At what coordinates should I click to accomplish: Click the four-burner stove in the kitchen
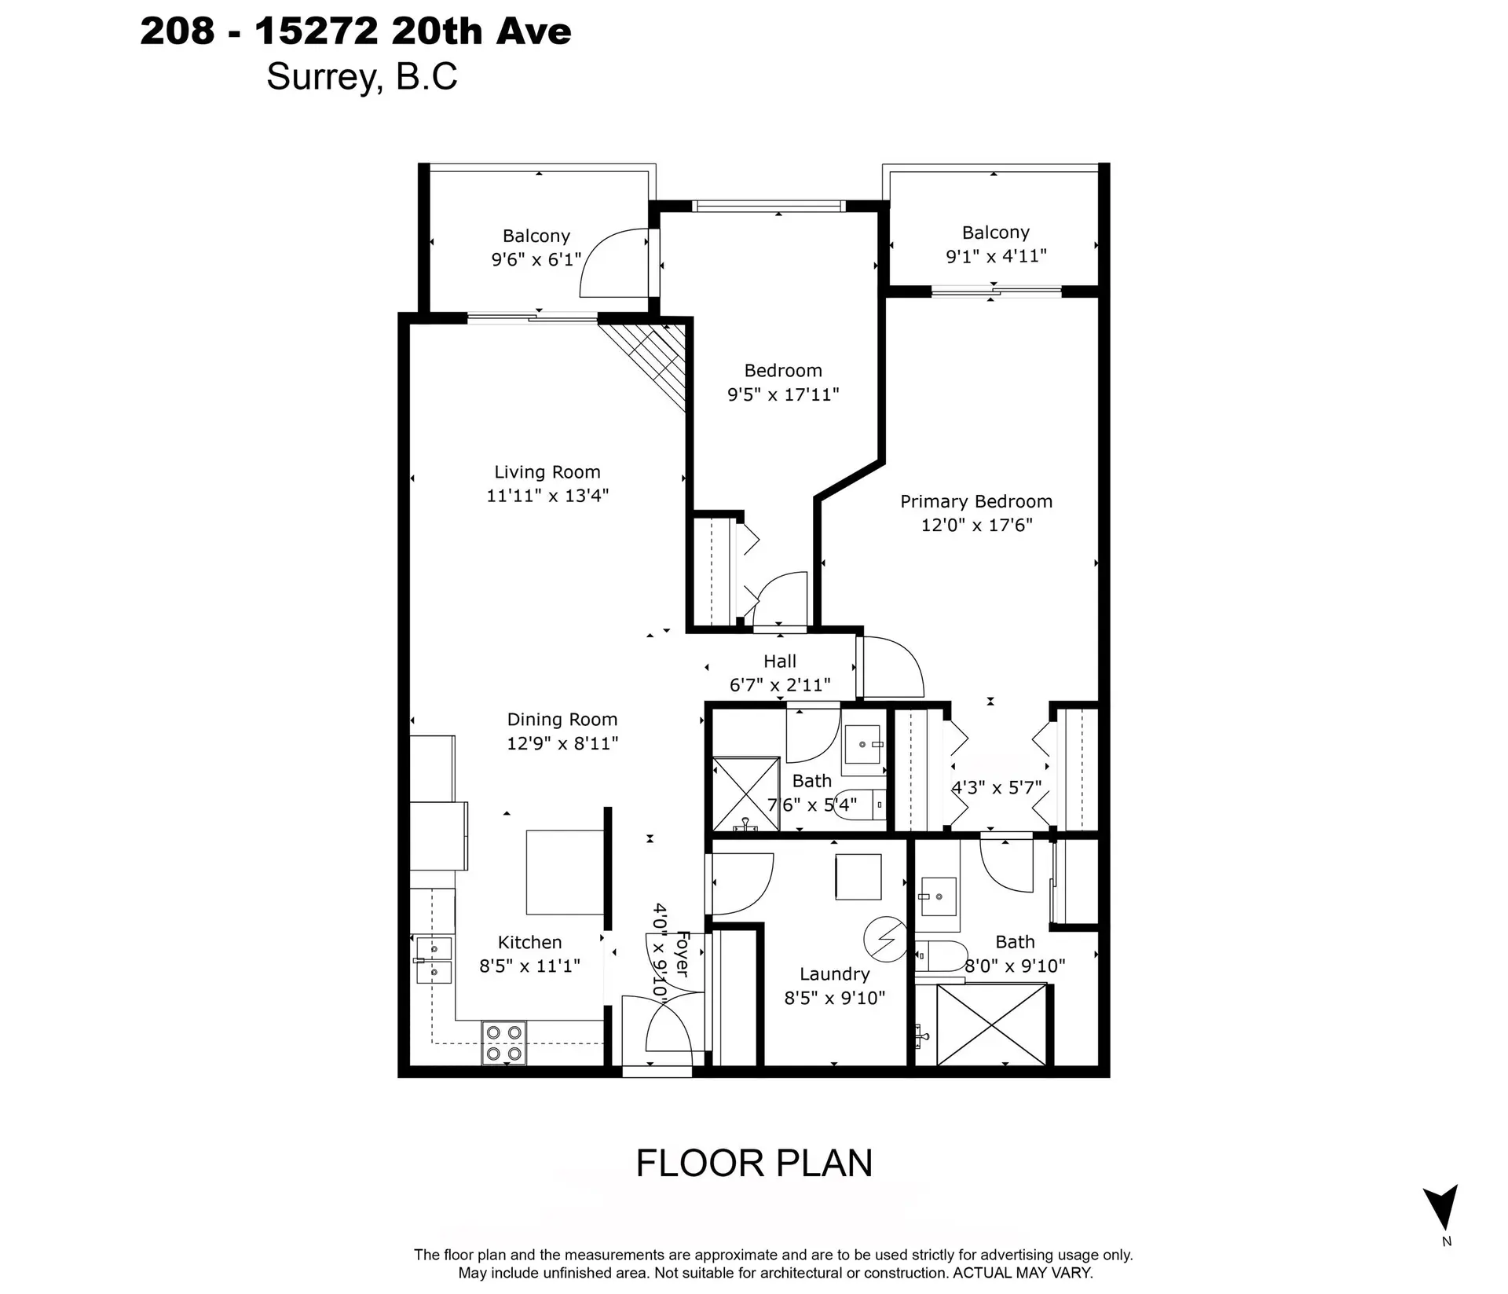coord(503,1043)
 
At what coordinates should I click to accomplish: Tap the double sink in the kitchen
coord(434,960)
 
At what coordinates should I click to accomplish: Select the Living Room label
coord(547,472)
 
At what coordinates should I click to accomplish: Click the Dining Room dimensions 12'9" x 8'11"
coord(562,743)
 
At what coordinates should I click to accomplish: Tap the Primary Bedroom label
coord(975,501)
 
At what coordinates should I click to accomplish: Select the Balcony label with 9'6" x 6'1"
coord(536,236)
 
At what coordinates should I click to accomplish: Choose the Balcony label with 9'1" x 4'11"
coord(995,233)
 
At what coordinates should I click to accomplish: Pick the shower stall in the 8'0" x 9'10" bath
coord(992,1025)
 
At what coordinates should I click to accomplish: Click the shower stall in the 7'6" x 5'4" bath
coord(745,793)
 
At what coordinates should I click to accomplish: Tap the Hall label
coord(779,662)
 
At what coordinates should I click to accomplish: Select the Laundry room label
coord(834,974)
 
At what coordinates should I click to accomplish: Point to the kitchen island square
coord(564,872)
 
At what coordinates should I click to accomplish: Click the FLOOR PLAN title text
coord(753,1164)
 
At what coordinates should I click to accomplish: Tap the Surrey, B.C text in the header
coord(361,77)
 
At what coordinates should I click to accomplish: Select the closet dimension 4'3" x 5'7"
coord(996,787)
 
